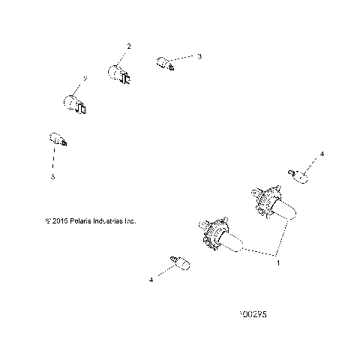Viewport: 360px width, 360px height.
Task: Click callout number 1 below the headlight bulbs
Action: click(279, 262)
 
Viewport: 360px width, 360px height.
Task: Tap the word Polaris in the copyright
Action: click(78, 221)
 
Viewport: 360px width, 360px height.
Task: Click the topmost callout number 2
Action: click(128, 46)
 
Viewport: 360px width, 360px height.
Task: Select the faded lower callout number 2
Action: click(85, 77)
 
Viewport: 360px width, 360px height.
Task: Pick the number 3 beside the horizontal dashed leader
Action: click(199, 56)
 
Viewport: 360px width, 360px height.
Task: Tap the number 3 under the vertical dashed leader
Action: click(52, 178)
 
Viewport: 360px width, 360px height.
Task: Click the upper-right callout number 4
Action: click(322, 154)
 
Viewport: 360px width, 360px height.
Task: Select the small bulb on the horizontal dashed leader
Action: click(163, 63)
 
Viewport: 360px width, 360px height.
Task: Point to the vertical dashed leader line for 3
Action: click(53, 159)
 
